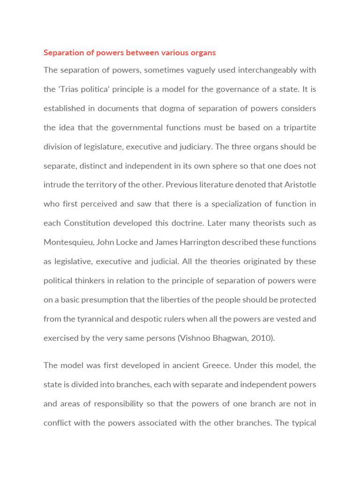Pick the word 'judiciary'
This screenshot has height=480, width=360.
click(192, 147)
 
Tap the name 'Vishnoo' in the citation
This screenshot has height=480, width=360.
click(197, 338)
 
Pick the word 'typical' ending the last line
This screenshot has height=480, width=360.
click(302, 423)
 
